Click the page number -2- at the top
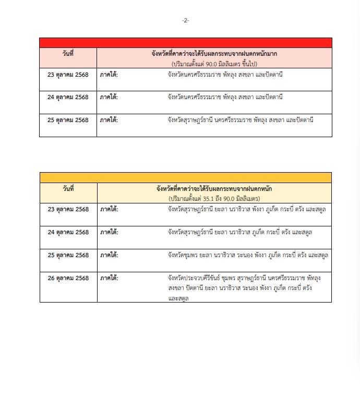point(185,20)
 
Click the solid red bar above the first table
point(185,43)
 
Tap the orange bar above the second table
point(185,177)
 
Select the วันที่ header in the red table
point(68,53)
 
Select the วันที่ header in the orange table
point(68,188)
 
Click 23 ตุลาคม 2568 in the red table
point(68,75)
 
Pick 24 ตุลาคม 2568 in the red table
point(68,97)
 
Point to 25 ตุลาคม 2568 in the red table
point(68,120)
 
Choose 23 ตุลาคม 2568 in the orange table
point(68,209)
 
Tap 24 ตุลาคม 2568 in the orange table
point(68,232)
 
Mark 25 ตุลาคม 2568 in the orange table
point(68,255)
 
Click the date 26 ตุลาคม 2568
point(68,278)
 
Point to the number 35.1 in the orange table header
point(208,199)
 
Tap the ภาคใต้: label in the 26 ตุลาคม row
point(109,278)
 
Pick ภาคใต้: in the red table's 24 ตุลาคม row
point(109,97)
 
